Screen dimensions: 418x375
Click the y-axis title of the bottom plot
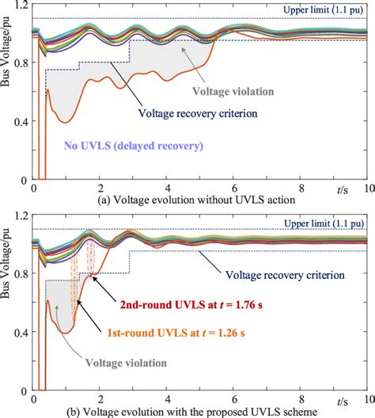[7, 304]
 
